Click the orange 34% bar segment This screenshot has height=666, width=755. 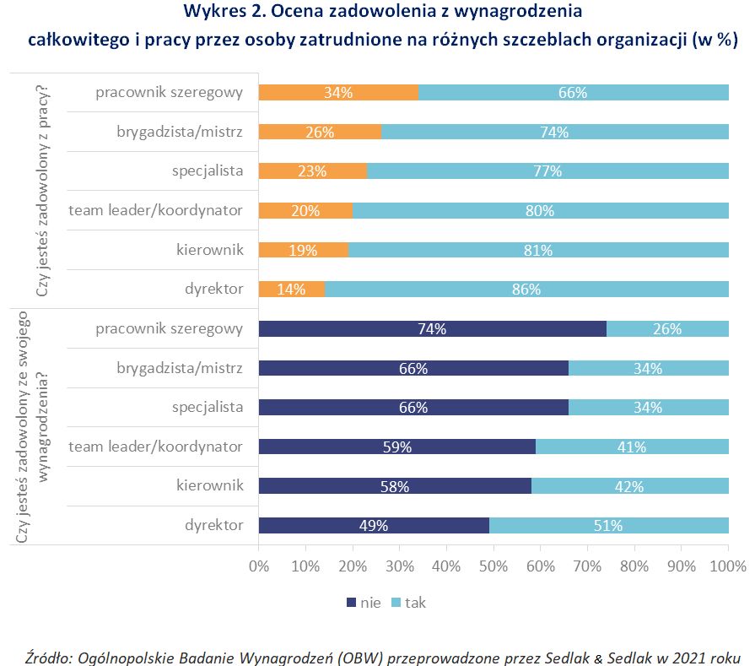[x=337, y=93]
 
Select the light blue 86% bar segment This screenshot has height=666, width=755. [x=526, y=290]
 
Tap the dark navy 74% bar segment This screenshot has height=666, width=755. [x=432, y=329]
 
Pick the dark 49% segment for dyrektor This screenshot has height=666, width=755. [x=373, y=525]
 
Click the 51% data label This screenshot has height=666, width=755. [x=608, y=526]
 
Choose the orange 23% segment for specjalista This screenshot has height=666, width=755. [x=312, y=171]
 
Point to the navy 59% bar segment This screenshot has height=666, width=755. [x=396, y=447]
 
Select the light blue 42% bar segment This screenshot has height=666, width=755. [x=629, y=486]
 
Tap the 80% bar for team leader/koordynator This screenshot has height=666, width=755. [x=540, y=211]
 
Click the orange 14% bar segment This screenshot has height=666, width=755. [x=291, y=290]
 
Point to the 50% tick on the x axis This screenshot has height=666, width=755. [x=493, y=566]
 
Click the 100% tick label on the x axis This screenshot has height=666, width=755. [x=728, y=566]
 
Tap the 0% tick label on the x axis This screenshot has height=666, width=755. [x=259, y=566]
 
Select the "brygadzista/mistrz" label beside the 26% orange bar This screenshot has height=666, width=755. [x=181, y=132]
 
